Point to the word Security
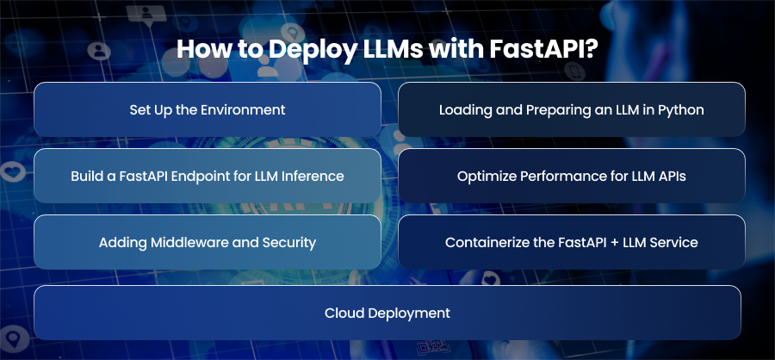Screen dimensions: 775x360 (x=293, y=243)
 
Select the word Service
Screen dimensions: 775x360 (x=677, y=243)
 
